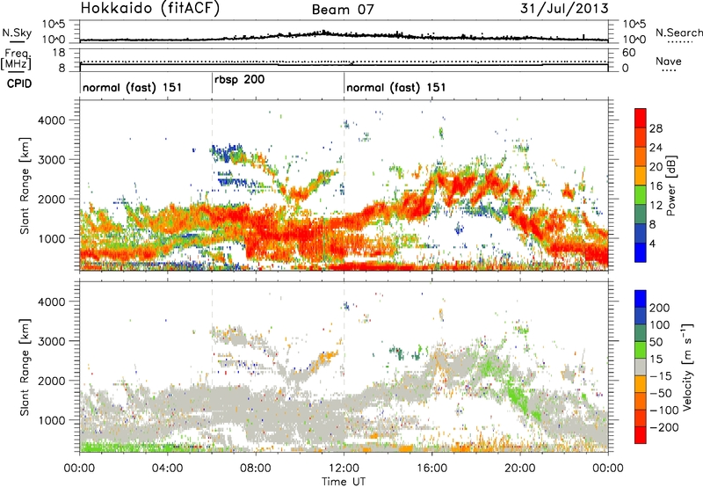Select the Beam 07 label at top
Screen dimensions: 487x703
click(x=344, y=11)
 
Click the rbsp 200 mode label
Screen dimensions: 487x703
click(x=239, y=79)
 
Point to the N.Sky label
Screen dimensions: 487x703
click(x=13, y=33)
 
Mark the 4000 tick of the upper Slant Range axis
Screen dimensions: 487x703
click(x=61, y=119)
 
